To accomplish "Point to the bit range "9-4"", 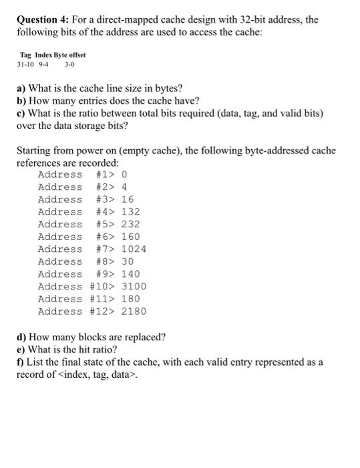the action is pyautogui.click(x=45, y=65).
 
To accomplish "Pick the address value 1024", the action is pyautogui.click(x=134, y=249).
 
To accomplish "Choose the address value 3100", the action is pyautogui.click(x=134, y=287).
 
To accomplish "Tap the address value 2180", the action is pyautogui.click(x=134, y=312).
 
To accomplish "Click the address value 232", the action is pyautogui.click(x=130, y=225).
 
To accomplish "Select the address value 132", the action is pyautogui.click(x=130, y=212).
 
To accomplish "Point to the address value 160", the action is pyautogui.click(x=130, y=237).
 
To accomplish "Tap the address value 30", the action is pyautogui.click(x=128, y=262).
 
